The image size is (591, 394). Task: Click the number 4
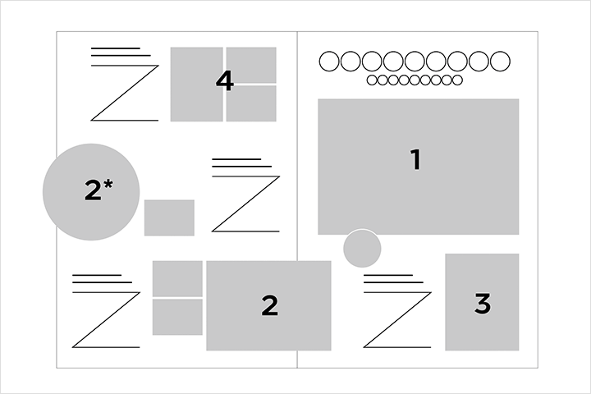click(x=225, y=81)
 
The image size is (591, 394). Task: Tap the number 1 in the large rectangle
click(x=415, y=159)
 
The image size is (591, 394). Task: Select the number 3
click(x=483, y=304)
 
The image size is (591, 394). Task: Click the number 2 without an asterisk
click(x=269, y=305)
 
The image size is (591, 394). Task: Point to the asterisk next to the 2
click(x=108, y=184)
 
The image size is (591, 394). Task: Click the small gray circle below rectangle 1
click(x=362, y=249)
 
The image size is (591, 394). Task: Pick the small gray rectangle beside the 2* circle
click(x=169, y=218)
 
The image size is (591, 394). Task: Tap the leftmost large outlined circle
click(x=329, y=61)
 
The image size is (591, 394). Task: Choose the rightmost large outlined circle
click(x=500, y=61)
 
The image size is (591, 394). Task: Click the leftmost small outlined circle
click(x=372, y=80)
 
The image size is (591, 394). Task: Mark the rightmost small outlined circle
click(x=457, y=80)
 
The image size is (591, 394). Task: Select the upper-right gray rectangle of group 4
click(x=251, y=65)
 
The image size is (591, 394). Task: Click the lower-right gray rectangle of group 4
click(x=251, y=103)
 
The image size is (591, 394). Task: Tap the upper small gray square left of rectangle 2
click(x=177, y=278)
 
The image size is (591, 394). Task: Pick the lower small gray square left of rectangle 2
click(x=177, y=317)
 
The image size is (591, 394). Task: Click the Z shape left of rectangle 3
click(x=397, y=320)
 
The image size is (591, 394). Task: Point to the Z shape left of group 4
click(x=125, y=93)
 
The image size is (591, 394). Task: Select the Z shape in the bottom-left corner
click(x=106, y=320)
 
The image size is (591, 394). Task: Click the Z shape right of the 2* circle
click(x=245, y=204)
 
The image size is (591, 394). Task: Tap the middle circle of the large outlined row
click(x=415, y=61)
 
